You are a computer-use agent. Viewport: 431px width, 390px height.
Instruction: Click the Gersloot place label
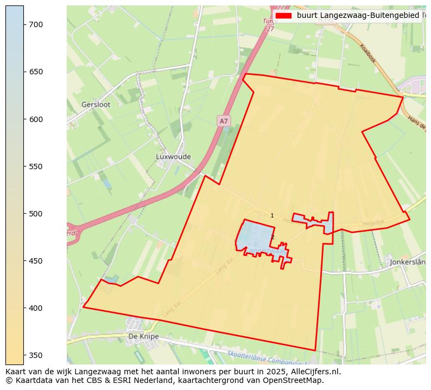(x=96, y=104)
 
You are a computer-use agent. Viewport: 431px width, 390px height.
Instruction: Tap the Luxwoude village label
(x=173, y=156)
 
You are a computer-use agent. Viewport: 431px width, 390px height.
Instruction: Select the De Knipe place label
(x=143, y=336)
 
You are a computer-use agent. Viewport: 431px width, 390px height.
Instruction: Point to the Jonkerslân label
(x=408, y=262)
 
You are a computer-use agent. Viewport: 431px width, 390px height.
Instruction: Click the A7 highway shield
(x=224, y=121)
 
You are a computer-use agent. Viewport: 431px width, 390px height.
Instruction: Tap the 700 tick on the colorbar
(x=36, y=24)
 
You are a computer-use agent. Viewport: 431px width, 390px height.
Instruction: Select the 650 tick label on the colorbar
(x=36, y=72)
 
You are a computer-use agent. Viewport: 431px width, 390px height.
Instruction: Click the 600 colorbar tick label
(x=36, y=119)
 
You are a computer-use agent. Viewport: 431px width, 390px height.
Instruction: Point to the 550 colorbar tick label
(x=36, y=167)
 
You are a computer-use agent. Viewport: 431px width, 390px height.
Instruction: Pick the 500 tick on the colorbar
(x=36, y=214)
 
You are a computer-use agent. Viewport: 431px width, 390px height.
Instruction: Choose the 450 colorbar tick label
(x=36, y=261)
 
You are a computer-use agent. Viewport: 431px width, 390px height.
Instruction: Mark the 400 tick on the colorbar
(x=36, y=308)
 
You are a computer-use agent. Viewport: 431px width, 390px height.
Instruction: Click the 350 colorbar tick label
(x=36, y=355)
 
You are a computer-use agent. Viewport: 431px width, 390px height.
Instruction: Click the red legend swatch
(x=283, y=16)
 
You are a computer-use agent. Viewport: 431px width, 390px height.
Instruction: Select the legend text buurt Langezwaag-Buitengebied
(x=358, y=16)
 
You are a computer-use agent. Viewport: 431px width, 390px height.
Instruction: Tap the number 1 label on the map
(x=272, y=216)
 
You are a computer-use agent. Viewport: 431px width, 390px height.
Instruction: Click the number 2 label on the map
(x=272, y=238)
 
